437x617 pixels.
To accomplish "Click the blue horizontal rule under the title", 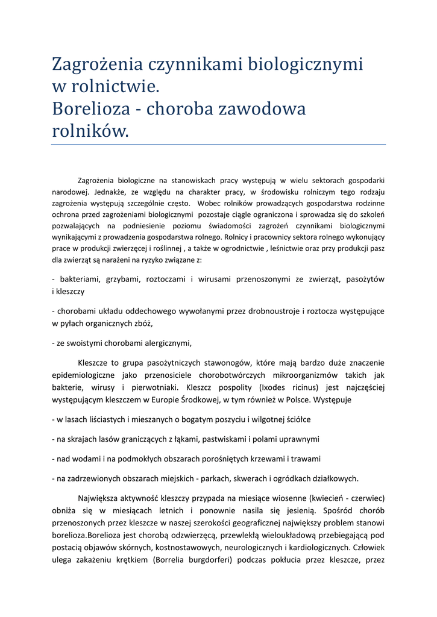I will tap(218, 145).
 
